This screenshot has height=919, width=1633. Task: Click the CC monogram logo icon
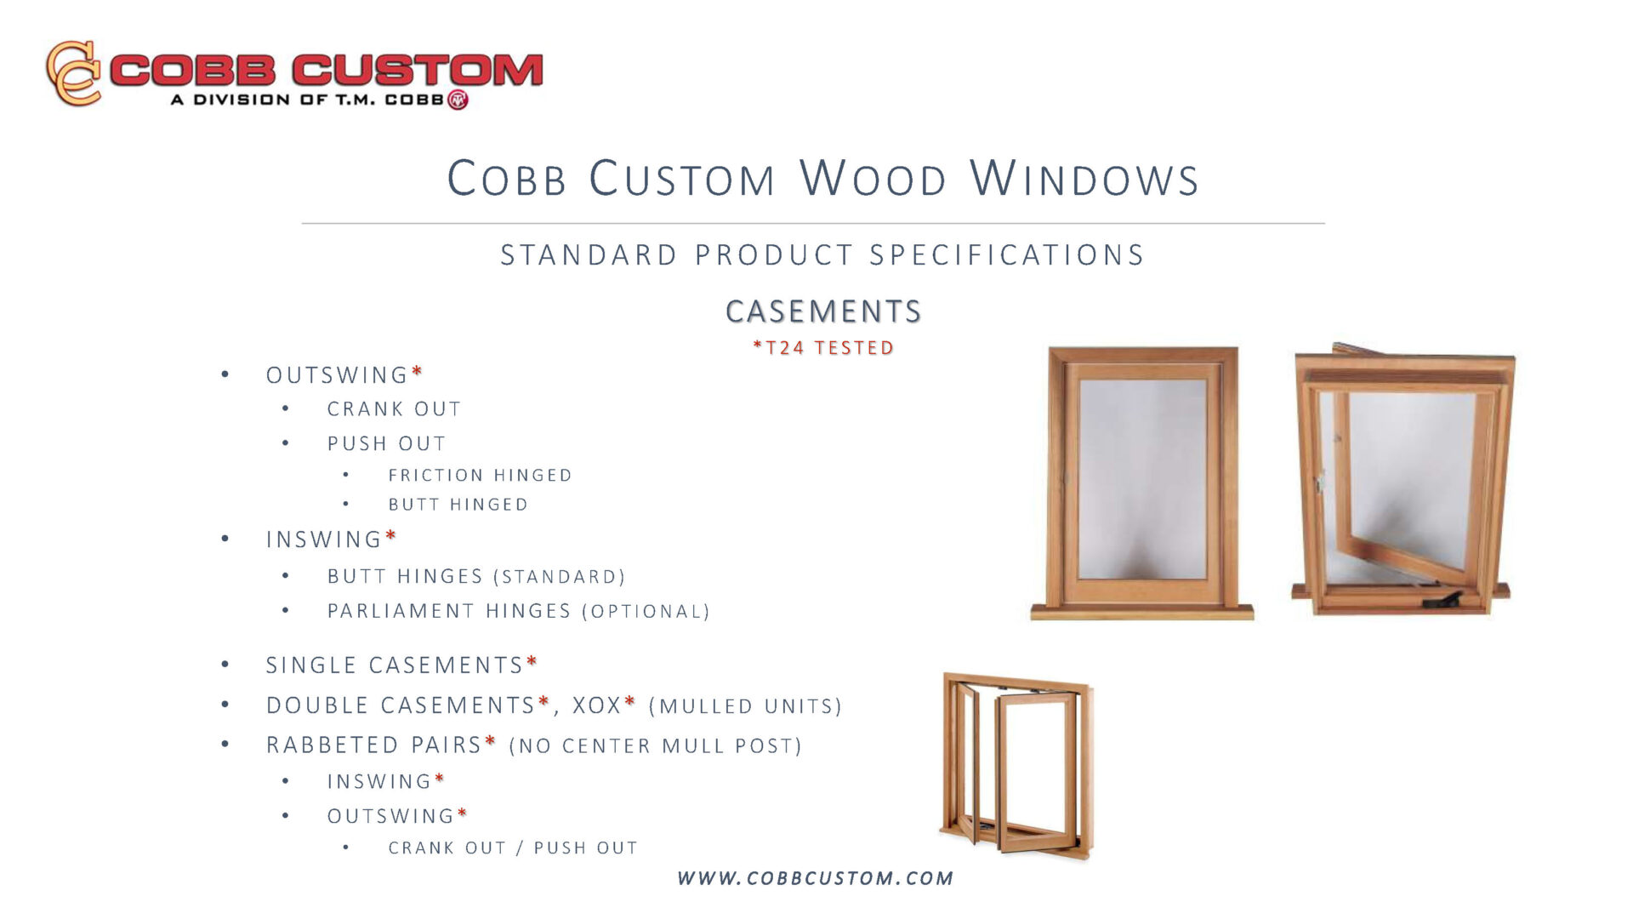[x=74, y=72]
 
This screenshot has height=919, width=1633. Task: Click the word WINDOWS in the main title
[x=1084, y=179]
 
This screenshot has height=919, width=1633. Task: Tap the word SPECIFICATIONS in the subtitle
[x=1007, y=254]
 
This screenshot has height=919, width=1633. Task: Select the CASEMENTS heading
[x=823, y=311]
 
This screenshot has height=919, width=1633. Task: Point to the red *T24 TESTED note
[x=823, y=347]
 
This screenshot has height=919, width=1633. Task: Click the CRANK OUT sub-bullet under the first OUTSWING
[x=394, y=409]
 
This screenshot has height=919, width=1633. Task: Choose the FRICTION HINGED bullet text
[x=480, y=475]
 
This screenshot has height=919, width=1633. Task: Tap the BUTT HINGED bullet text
[x=458, y=505]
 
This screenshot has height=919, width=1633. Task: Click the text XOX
[x=597, y=705]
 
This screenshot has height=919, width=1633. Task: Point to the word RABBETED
[x=334, y=745]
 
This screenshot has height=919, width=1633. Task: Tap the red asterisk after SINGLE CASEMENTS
[x=532, y=660]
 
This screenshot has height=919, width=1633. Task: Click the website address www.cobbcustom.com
[x=816, y=878]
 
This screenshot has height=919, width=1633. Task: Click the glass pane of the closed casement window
[x=1142, y=479]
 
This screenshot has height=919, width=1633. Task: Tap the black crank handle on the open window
[x=1443, y=600]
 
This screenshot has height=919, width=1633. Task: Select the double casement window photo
[x=1017, y=766]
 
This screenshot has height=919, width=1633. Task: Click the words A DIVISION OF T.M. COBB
[x=307, y=100]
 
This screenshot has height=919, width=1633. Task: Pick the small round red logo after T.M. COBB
[x=458, y=100]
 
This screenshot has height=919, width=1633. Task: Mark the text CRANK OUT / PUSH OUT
[x=513, y=848]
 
